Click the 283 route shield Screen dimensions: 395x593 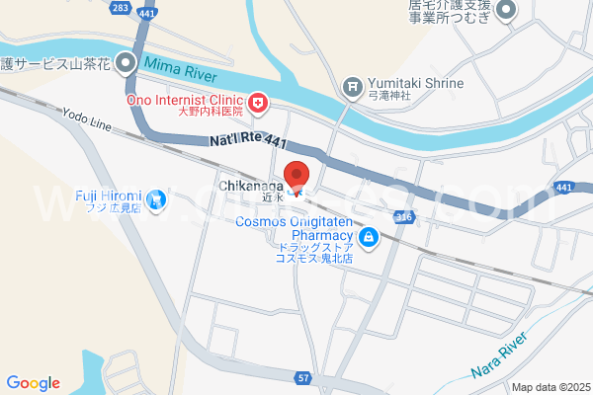pos(121,8)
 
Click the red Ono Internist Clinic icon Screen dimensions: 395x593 pos(258,101)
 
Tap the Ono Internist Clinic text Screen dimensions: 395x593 pos(183,101)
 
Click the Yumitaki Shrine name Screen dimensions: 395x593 pos(415,83)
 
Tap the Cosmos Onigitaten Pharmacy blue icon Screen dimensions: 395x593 pos(368,237)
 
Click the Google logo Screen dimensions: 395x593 pos(33,383)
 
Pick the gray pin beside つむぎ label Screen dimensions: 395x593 pos(507,12)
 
